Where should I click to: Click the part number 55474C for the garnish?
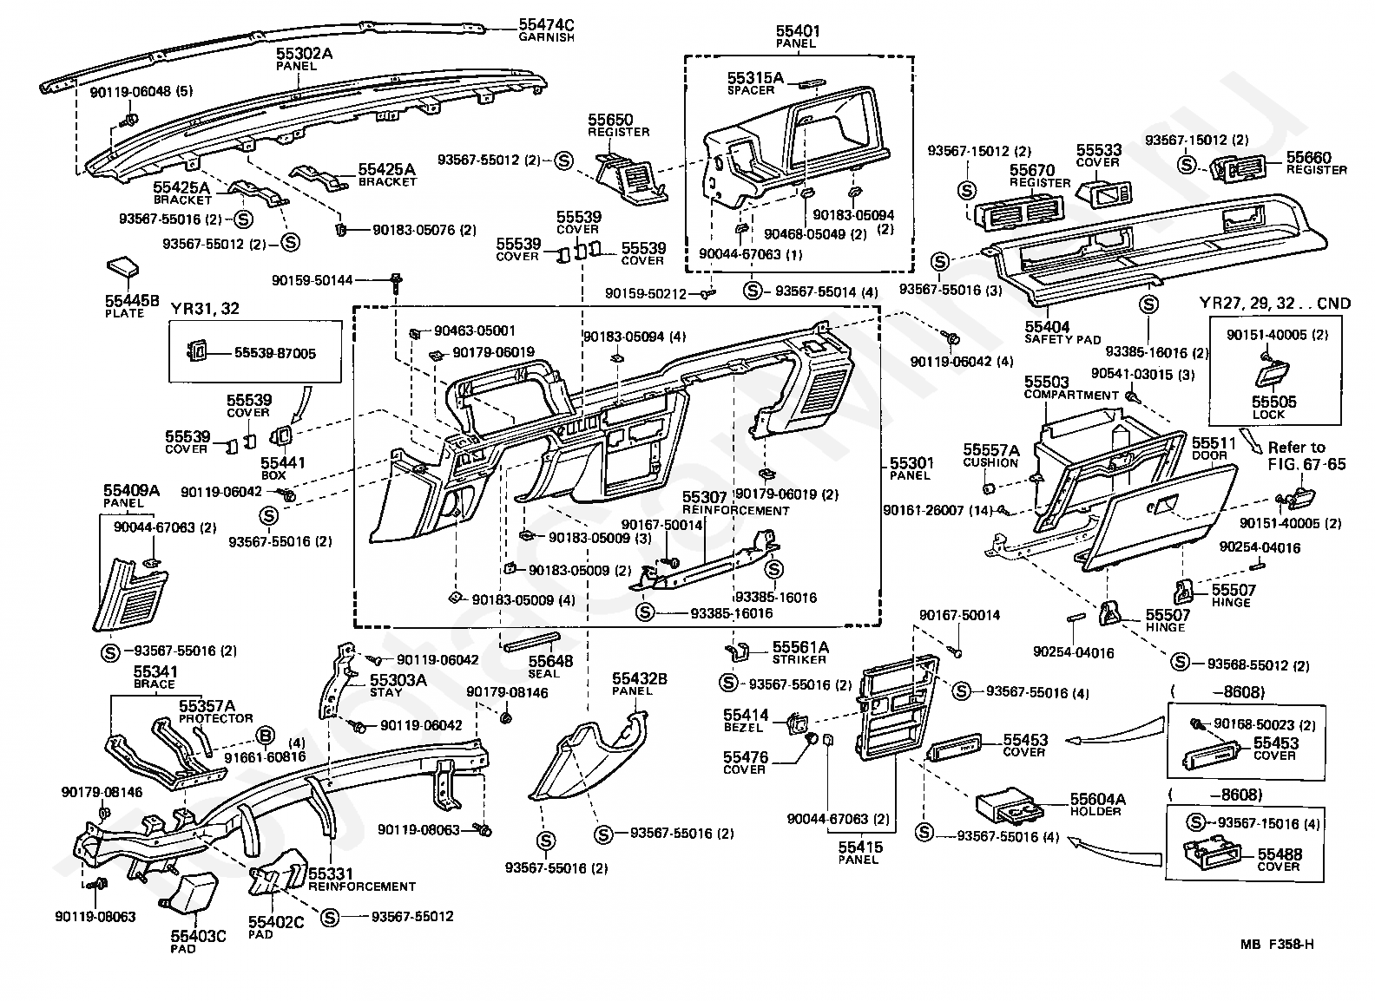tap(546, 24)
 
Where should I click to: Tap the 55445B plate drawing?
tap(122, 267)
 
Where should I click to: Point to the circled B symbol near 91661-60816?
tap(264, 735)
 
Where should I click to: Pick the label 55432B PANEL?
tap(639, 684)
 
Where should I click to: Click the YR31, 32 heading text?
tap(204, 308)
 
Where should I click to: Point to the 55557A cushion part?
tap(989, 489)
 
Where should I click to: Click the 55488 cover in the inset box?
tap(1211, 854)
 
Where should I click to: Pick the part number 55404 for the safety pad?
tap(1047, 326)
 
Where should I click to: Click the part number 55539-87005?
tap(274, 353)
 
